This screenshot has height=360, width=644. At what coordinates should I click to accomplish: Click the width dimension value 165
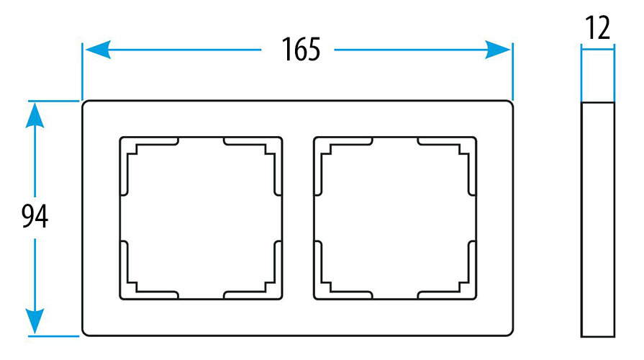click(297, 50)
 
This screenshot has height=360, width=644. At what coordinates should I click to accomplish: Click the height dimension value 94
click(34, 217)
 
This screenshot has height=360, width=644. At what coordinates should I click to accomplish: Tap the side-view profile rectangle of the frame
click(598, 218)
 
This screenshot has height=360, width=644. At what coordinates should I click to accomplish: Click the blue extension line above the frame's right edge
click(512, 72)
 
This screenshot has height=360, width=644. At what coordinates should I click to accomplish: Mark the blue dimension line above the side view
click(598, 49)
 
